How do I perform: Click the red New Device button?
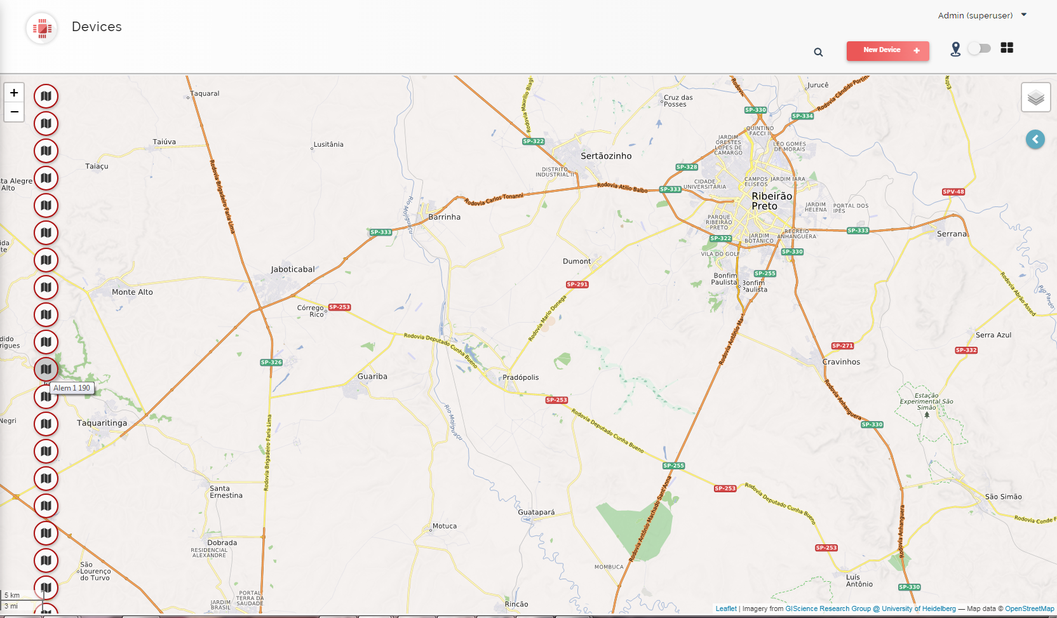coord(887,50)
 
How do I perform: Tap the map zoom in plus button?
coord(14,93)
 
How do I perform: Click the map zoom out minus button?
coord(14,112)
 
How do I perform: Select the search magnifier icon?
coord(818,52)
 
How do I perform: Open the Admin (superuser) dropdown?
coord(982,15)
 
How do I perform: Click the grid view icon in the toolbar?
coord(1007,48)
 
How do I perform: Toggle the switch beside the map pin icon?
coord(979,48)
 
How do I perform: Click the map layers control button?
coord(1035,97)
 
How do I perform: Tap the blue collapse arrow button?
coord(1035,139)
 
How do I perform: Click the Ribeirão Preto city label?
coord(771,201)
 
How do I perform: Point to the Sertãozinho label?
coord(606,156)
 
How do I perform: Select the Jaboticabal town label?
coord(293,269)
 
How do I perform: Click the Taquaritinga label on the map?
coord(102,423)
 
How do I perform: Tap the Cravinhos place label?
coord(841,362)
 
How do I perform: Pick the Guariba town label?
coord(372,377)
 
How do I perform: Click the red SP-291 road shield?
coord(577,285)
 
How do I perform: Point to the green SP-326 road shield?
coord(271,363)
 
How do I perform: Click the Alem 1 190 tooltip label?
coord(72,388)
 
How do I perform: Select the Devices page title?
coord(97,27)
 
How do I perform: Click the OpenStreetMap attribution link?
coord(1029,608)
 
